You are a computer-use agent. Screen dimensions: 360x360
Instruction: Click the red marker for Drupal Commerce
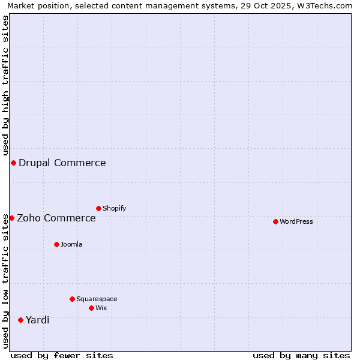[x=13, y=163]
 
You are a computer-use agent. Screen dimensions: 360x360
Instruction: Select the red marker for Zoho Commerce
[x=11, y=218]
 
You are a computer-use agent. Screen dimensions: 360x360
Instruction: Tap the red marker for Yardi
[x=20, y=320]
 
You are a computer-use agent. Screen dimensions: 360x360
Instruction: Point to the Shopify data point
[x=98, y=208]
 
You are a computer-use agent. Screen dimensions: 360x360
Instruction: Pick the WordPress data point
[x=275, y=221]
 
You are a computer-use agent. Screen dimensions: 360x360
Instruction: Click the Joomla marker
[x=56, y=244]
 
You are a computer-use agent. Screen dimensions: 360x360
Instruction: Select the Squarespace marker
[x=72, y=299]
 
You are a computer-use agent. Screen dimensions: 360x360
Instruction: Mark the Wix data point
[x=91, y=308]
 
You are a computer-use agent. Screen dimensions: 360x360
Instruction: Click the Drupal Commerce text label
[x=62, y=163]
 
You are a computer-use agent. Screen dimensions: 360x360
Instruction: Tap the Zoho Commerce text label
[x=56, y=218]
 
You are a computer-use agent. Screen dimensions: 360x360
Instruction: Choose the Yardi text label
[x=37, y=320]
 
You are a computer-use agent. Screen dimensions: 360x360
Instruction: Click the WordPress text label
[x=296, y=222]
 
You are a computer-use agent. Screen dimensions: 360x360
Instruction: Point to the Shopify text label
[x=115, y=209]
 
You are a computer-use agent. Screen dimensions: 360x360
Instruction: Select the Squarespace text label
[x=97, y=299]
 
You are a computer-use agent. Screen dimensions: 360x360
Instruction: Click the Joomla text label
[x=71, y=245]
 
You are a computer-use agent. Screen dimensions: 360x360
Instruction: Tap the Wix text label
[x=101, y=308]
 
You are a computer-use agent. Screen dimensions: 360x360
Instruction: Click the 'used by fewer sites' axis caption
[x=62, y=355]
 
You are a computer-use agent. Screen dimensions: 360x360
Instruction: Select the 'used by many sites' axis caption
[x=301, y=355]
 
